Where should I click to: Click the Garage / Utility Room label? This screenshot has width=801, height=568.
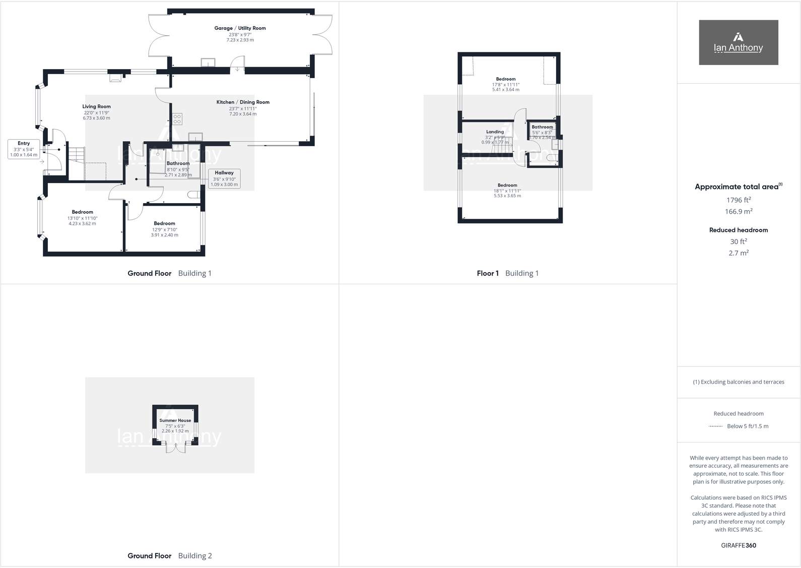(240, 28)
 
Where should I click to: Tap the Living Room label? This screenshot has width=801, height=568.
(97, 106)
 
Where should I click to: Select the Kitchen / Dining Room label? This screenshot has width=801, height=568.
(243, 102)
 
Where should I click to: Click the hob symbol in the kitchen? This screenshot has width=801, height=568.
(177, 119)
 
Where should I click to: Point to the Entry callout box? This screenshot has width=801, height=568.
(24, 149)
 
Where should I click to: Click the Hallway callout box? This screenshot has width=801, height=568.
(224, 178)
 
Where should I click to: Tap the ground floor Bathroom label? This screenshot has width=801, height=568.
(178, 163)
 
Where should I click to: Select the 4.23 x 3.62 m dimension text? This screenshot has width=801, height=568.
(82, 224)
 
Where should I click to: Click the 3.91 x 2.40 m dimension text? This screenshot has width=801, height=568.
(165, 235)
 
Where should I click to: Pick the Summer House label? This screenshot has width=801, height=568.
(175, 420)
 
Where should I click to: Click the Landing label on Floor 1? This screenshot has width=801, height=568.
(495, 132)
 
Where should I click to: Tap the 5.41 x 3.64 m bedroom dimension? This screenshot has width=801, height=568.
(506, 90)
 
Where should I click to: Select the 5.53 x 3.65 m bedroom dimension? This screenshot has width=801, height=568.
(507, 196)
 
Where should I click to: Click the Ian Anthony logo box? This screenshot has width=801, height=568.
(738, 42)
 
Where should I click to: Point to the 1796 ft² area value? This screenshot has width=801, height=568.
(739, 200)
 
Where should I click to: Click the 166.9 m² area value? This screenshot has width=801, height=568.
(739, 212)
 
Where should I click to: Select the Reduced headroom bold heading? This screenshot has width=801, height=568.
(739, 230)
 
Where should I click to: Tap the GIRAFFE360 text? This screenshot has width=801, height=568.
(739, 545)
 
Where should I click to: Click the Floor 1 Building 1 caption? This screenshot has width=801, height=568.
(507, 273)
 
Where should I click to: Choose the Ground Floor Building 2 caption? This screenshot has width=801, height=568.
(169, 556)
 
